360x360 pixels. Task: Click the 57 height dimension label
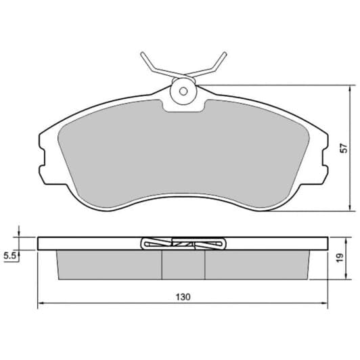click(344, 148)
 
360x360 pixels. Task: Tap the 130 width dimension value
click(183, 297)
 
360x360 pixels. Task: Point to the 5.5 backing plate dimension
click(9, 256)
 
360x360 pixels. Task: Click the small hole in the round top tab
click(183, 91)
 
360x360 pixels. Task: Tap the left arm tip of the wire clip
click(143, 53)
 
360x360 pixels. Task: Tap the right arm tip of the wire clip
click(225, 53)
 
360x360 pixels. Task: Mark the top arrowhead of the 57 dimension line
click(350, 89)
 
